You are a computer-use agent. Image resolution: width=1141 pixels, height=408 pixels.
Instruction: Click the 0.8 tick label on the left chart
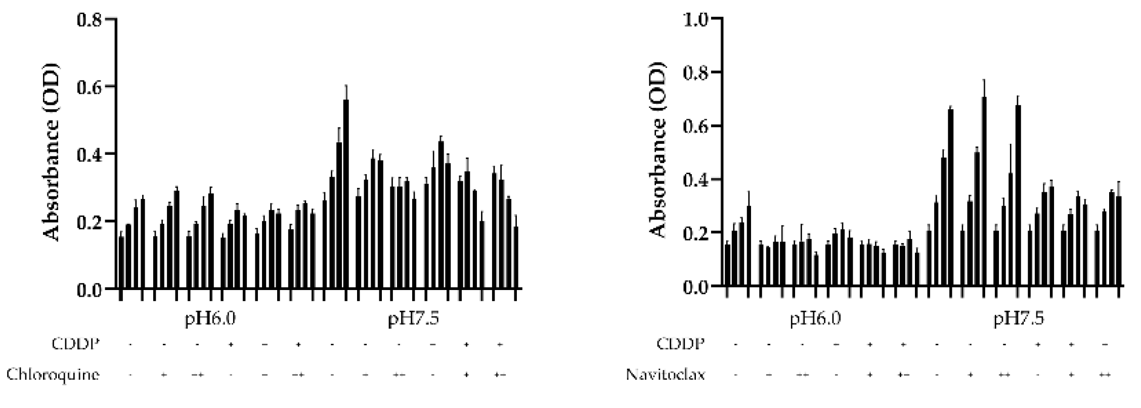point(89,20)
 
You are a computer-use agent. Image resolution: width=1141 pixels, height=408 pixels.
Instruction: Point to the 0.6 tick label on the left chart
point(89,87)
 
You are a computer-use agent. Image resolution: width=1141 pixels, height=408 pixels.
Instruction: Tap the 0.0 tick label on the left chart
point(89,290)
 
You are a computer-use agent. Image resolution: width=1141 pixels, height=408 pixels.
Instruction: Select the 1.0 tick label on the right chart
point(695,19)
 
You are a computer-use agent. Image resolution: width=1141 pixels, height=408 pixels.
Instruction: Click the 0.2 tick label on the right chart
point(695,233)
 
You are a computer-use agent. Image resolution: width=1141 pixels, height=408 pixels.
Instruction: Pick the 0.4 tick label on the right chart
point(695,180)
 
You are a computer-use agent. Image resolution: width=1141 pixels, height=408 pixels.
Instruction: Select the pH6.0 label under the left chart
point(210,320)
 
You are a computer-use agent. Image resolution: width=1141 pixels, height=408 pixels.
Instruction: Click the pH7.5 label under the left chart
point(414,320)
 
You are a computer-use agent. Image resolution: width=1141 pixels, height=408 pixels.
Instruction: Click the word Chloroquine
point(53,375)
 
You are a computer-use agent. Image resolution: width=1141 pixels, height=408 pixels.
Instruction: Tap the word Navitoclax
point(665,375)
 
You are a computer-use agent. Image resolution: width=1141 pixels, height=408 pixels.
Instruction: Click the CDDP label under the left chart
point(76,344)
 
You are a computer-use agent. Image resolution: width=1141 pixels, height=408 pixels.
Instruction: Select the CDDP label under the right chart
point(680,344)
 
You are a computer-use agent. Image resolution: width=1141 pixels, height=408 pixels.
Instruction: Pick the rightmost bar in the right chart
point(1119,240)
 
